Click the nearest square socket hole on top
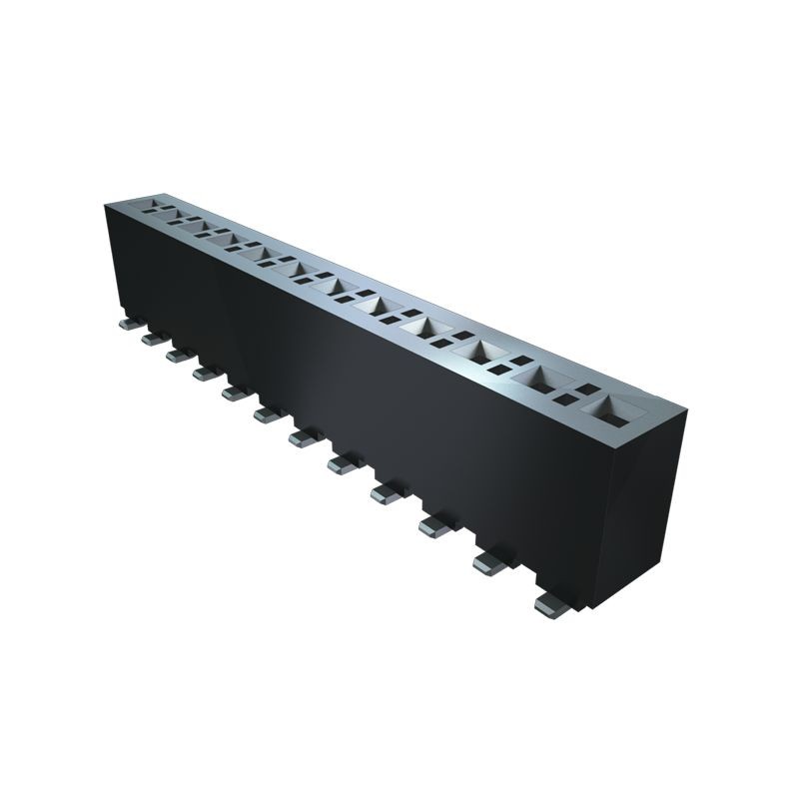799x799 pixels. pyautogui.click(x=612, y=408)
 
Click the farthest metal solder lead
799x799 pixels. pyautogui.click(x=129, y=324)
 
